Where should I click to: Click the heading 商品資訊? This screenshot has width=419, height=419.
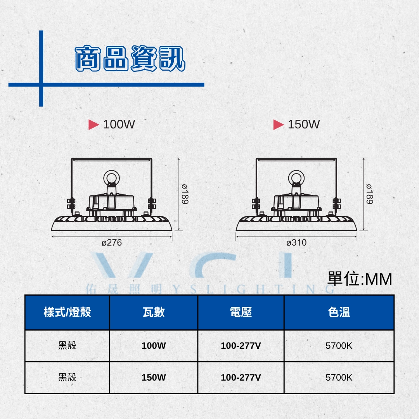[x=130, y=58]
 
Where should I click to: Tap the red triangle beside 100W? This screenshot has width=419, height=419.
[x=93, y=125]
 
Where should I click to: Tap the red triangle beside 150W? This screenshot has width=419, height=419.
[x=279, y=125]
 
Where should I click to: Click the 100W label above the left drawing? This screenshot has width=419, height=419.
[x=119, y=124]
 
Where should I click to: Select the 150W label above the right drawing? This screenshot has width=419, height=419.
[x=304, y=124]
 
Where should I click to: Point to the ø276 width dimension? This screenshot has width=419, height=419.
[x=112, y=242]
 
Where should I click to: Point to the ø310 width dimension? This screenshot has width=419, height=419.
[x=296, y=242]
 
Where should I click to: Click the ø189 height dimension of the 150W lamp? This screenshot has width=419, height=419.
[x=370, y=194]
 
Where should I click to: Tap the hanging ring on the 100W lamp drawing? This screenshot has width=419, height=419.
[x=112, y=171]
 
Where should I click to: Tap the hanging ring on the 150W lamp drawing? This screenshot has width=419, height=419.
[x=296, y=171]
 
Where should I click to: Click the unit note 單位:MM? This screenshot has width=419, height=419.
[x=360, y=279]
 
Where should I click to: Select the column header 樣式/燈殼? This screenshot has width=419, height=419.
[x=68, y=312]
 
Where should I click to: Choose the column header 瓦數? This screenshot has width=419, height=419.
[x=154, y=312]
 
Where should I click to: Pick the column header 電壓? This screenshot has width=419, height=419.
[x=241, y=312]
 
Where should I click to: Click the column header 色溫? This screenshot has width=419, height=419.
[x=339, y=312]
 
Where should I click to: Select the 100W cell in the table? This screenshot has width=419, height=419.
[x=154, y=346]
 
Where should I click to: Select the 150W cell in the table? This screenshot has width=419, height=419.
[x=154, y=377]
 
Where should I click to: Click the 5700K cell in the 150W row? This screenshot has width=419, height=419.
[x=339, y=377]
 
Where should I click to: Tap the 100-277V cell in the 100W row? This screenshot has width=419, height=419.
[x=241, y=346]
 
